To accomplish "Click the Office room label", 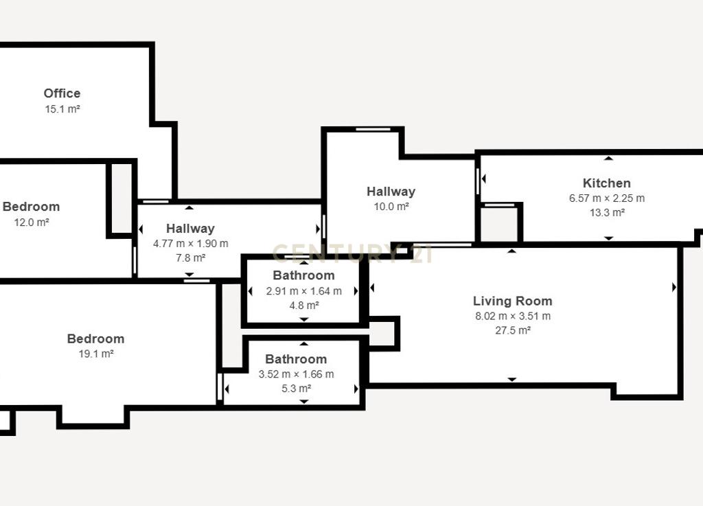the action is [x=62, y=93].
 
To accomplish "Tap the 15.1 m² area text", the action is [x=62, y=109].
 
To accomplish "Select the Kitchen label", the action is [x=607, y=183].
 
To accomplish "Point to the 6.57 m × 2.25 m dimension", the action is [x=607, y=198].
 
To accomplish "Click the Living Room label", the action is [x=512, y=301].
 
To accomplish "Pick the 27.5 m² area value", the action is [x=513, y=330].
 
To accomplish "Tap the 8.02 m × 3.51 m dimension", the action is [x=513, y=316].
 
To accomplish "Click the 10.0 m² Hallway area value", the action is [x=391, y=207].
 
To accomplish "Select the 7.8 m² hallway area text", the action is [x=191, y=257].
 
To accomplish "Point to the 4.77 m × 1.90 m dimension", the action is [x=191, y=243].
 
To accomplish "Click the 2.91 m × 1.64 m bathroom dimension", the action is [x=304, y=291].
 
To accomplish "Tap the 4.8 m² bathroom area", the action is [x=304, y=306].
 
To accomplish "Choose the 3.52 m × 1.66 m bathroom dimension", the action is [x=297, y=373].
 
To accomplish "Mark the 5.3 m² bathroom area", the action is [x=297, y=388].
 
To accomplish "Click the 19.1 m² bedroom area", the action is [x=96, y=354].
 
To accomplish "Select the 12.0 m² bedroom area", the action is [x=32, y=222].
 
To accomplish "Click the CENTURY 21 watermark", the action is [x=352, y=253].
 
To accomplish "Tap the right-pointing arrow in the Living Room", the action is [x=674, y=287].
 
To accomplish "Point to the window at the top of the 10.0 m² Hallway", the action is [x=373, y=130].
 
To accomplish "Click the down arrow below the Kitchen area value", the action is [x=608, y=238].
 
